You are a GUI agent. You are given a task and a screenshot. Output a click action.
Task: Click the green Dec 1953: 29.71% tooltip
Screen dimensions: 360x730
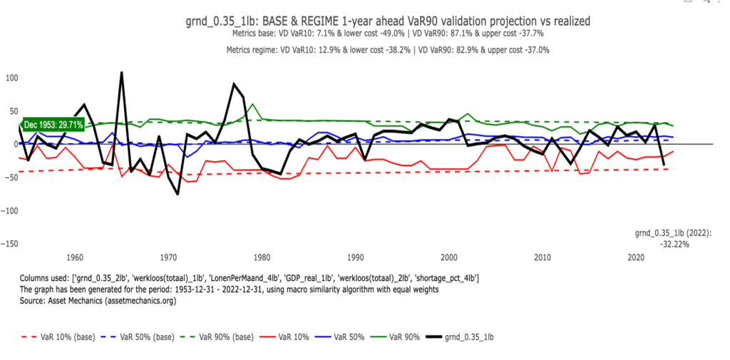(54, 125)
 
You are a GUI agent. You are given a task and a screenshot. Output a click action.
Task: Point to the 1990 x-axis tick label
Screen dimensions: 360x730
(355, 257)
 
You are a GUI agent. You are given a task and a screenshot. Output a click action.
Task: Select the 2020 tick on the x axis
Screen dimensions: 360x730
(636, 257)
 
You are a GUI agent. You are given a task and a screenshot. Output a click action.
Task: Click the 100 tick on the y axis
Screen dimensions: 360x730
(12, 77)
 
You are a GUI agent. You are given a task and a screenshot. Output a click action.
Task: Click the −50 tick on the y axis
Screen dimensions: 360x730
(12, 178)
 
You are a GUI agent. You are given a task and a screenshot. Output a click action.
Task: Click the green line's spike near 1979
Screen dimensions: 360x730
(252, 104)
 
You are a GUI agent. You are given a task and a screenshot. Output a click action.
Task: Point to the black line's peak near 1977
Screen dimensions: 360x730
(234, 83)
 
